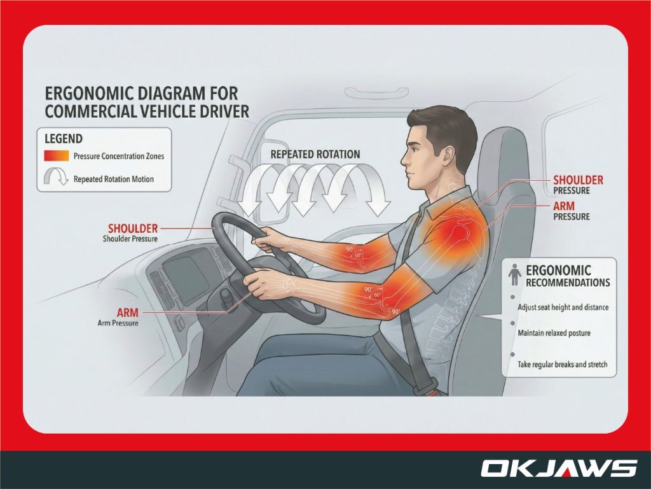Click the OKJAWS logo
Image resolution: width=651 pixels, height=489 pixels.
coord(558,469)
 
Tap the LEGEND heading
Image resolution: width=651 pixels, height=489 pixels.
coord(64,138)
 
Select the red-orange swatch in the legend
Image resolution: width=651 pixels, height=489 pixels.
coord(56,156)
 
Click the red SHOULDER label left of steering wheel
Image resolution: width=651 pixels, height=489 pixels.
coord(132,228)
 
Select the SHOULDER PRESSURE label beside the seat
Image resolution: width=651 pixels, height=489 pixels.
coord(578,185)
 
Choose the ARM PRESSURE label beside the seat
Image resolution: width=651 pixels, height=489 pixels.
coord(572,211)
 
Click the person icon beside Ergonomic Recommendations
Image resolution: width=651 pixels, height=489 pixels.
coord(515,276)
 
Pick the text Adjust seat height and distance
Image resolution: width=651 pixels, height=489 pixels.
coord(563,307)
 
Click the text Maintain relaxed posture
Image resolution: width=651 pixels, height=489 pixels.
coord(554,333)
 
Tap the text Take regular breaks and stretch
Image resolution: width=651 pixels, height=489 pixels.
coord(563,365)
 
